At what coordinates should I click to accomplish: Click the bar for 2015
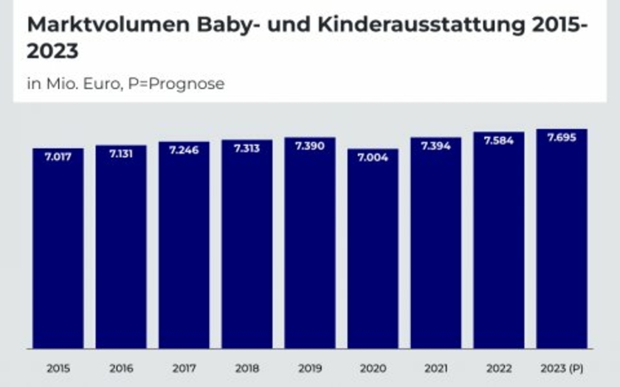tap(58, 251)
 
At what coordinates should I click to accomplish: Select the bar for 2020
tap(373, 251)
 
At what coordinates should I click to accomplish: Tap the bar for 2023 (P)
tap(562, 243)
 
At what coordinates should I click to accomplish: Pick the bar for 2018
tap(247, 247)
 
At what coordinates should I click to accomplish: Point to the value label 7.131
tap(121, 155)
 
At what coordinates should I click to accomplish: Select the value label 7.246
tap(184, 150)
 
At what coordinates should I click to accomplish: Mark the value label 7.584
tap(499, 141)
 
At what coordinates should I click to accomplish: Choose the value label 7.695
tap(562, 138)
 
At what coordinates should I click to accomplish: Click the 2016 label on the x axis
tap(121, 369)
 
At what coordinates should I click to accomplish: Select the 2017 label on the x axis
tap(184, 369)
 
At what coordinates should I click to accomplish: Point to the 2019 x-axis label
tap(310, 369)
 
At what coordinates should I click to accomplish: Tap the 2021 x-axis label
tap(435, 369)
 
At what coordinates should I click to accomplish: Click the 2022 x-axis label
tap(499, 369)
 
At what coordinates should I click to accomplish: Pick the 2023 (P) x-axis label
tap(562, 369)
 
